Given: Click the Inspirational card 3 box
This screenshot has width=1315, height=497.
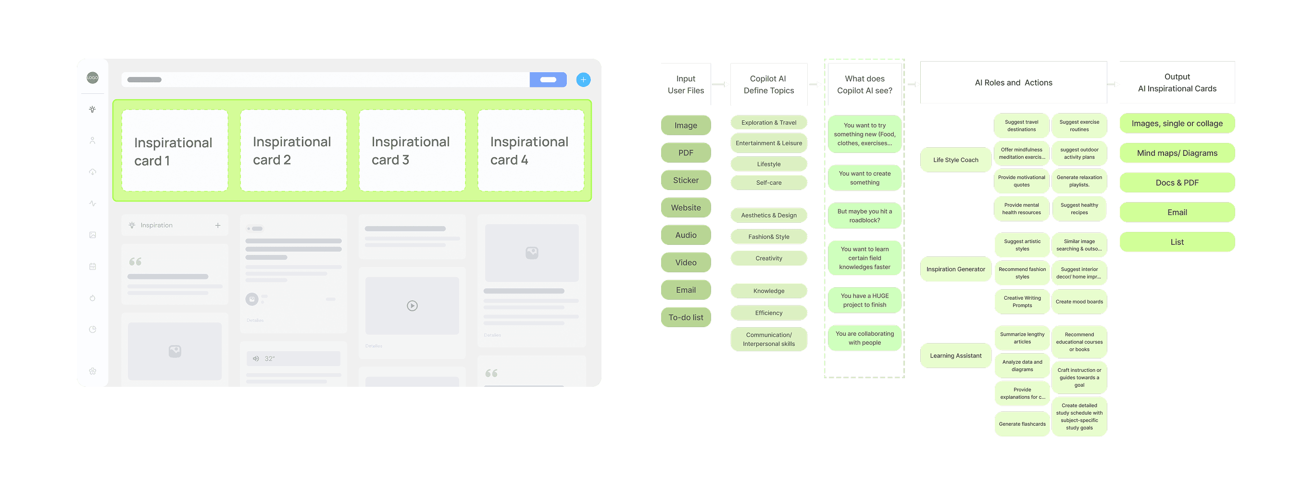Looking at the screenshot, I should pos(412,151).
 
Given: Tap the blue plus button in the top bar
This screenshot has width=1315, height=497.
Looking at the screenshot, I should pos(583,80).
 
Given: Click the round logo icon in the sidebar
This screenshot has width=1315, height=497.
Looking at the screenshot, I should pos(92,77).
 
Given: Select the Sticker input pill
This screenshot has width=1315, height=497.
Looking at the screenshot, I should pos(686,180).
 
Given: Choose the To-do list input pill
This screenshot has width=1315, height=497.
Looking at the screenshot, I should pos(686,317).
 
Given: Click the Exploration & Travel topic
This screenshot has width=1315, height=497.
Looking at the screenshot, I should pos(768,123).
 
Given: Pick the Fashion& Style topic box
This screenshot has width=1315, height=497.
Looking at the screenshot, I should pos(768,237).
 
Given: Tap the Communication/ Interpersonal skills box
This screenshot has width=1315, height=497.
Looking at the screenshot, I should pos(768,339).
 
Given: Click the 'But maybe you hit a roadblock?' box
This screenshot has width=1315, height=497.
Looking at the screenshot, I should pos(864,216).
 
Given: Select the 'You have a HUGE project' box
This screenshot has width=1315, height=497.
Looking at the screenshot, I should pos(864,300).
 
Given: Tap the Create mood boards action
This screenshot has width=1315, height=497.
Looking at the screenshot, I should pos(1079,302).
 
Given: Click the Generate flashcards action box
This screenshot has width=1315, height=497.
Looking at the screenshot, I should pos(1022,424).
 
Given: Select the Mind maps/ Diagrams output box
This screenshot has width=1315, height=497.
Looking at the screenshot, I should pos(1177,153).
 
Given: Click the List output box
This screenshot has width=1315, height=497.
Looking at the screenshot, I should pos(1177,242).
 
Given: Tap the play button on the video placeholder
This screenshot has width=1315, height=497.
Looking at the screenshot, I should pos(412,306).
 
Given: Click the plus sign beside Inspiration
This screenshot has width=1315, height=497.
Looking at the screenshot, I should pos(218,225).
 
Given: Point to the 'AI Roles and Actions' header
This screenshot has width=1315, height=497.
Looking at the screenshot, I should pos(1014,83).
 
